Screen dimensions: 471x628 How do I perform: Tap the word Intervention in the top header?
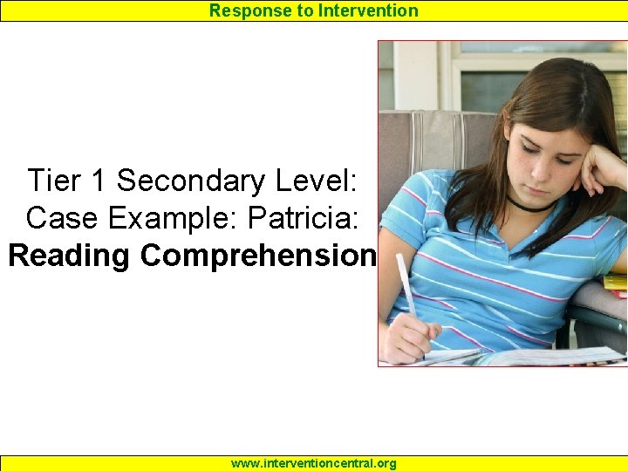tap(369, 10)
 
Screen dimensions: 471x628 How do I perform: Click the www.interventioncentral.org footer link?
tap(313, 463)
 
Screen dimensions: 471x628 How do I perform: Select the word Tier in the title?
tap(55, 181)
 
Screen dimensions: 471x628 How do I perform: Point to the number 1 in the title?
tap(99, 181)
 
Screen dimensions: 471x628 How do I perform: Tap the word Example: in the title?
tap(163, 217)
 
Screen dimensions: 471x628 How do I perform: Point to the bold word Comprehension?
tap(259, 256)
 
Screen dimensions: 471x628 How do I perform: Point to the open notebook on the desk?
tap(541, 356)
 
